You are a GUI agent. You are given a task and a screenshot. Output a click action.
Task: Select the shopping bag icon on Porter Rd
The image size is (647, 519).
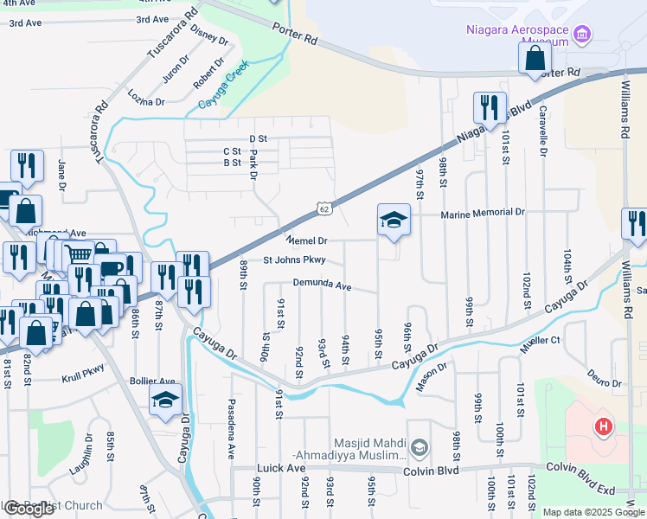pos(535,58)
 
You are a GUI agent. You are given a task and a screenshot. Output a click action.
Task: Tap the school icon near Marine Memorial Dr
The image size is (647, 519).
pos(394,220)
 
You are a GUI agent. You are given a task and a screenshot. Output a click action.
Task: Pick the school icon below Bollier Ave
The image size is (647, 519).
pos(165,400)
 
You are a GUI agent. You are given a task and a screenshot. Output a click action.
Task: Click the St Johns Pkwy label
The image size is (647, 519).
pos(294,259)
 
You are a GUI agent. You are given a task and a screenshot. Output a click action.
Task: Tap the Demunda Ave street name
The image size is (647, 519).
pos(322,285)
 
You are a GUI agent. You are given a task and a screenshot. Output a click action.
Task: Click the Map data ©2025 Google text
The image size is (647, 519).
pos(593,512)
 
